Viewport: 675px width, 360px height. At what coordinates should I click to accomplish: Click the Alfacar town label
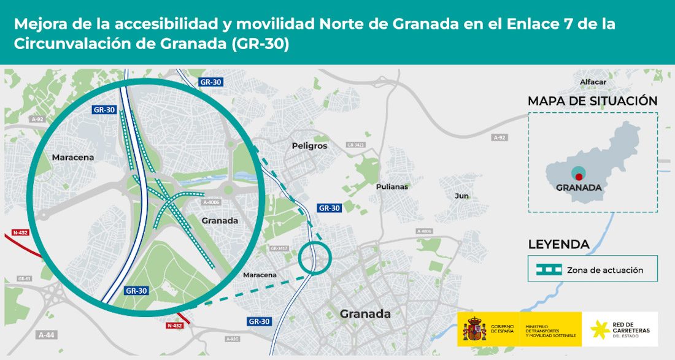click(593, 82)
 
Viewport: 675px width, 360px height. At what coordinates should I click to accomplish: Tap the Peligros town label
click(310, 146)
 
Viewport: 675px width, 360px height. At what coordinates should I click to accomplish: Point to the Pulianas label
click(392, 186)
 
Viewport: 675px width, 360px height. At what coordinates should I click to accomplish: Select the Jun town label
click(461, 196)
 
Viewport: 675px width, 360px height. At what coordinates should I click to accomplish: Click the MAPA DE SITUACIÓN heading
click(592, 101)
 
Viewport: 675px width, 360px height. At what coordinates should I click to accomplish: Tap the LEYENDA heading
click(558, 245)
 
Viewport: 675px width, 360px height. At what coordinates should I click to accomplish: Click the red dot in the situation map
click(579, 177)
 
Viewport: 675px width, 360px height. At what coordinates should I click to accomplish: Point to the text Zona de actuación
click(605, 270)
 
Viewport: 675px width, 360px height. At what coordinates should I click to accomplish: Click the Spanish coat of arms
click(476, 329)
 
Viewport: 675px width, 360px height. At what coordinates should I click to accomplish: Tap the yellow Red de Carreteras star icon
click(600, 329)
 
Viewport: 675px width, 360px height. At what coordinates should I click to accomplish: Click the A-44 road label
click(47, 335)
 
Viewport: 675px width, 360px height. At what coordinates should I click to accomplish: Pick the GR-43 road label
click(24, 278)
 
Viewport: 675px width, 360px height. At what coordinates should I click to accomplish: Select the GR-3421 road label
click(355, 145)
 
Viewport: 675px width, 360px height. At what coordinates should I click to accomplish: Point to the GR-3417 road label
click(279, 248)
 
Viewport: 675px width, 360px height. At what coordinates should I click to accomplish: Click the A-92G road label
click(232, 339)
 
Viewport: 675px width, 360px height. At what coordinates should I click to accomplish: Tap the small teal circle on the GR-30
click(315, 258)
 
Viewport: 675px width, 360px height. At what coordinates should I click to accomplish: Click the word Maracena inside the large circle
click(73, 158)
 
